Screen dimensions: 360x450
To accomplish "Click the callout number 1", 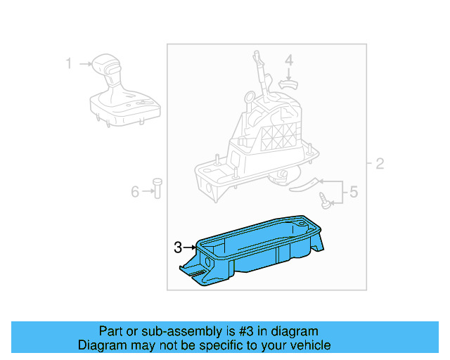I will [69, 65].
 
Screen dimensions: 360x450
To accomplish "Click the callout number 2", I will [380, 165].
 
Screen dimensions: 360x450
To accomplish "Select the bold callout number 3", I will [179, 247].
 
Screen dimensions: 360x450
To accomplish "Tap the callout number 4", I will [288, 62].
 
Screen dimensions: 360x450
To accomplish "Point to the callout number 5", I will [354, 191].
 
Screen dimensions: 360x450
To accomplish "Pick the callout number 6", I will [135, 191].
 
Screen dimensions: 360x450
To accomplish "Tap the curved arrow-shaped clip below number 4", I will [288, 83].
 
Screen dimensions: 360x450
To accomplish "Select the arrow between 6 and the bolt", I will [146, 191].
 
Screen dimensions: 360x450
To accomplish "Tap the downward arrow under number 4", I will [288, 73].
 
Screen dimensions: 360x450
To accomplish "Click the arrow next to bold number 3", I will [191, 247].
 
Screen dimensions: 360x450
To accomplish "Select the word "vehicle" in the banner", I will [309, 345].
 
